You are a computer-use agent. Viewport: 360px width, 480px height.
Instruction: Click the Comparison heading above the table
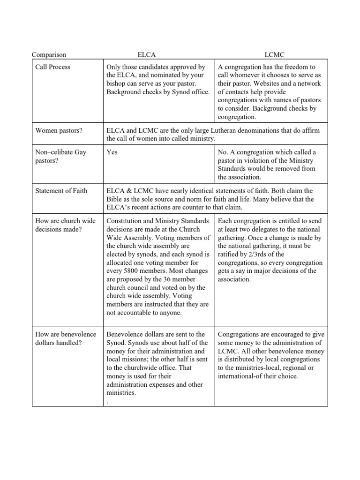click(49, 55)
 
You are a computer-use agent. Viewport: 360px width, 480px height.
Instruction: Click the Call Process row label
click(52, 67)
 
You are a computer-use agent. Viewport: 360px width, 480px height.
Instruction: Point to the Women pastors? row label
click(59, 130)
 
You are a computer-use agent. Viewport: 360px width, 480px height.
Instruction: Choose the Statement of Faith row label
click(61, 191)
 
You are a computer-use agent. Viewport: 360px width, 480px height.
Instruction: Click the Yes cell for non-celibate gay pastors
click(112, 152)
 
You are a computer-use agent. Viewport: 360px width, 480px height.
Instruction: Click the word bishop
click(117, 83)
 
